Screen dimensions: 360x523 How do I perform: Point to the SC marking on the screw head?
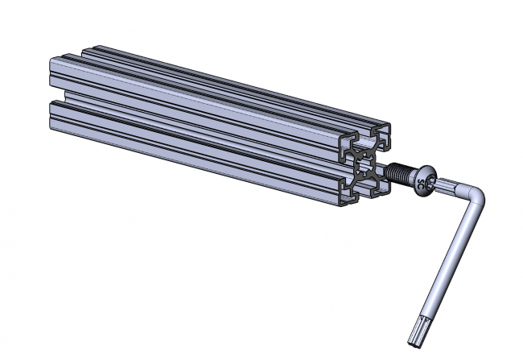tap(426, 181)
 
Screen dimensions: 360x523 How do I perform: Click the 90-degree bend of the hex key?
tap(474, 197)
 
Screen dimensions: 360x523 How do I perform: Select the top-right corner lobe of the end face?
tap(385, 137)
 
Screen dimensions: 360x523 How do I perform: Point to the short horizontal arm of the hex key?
tap(455, 189)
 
